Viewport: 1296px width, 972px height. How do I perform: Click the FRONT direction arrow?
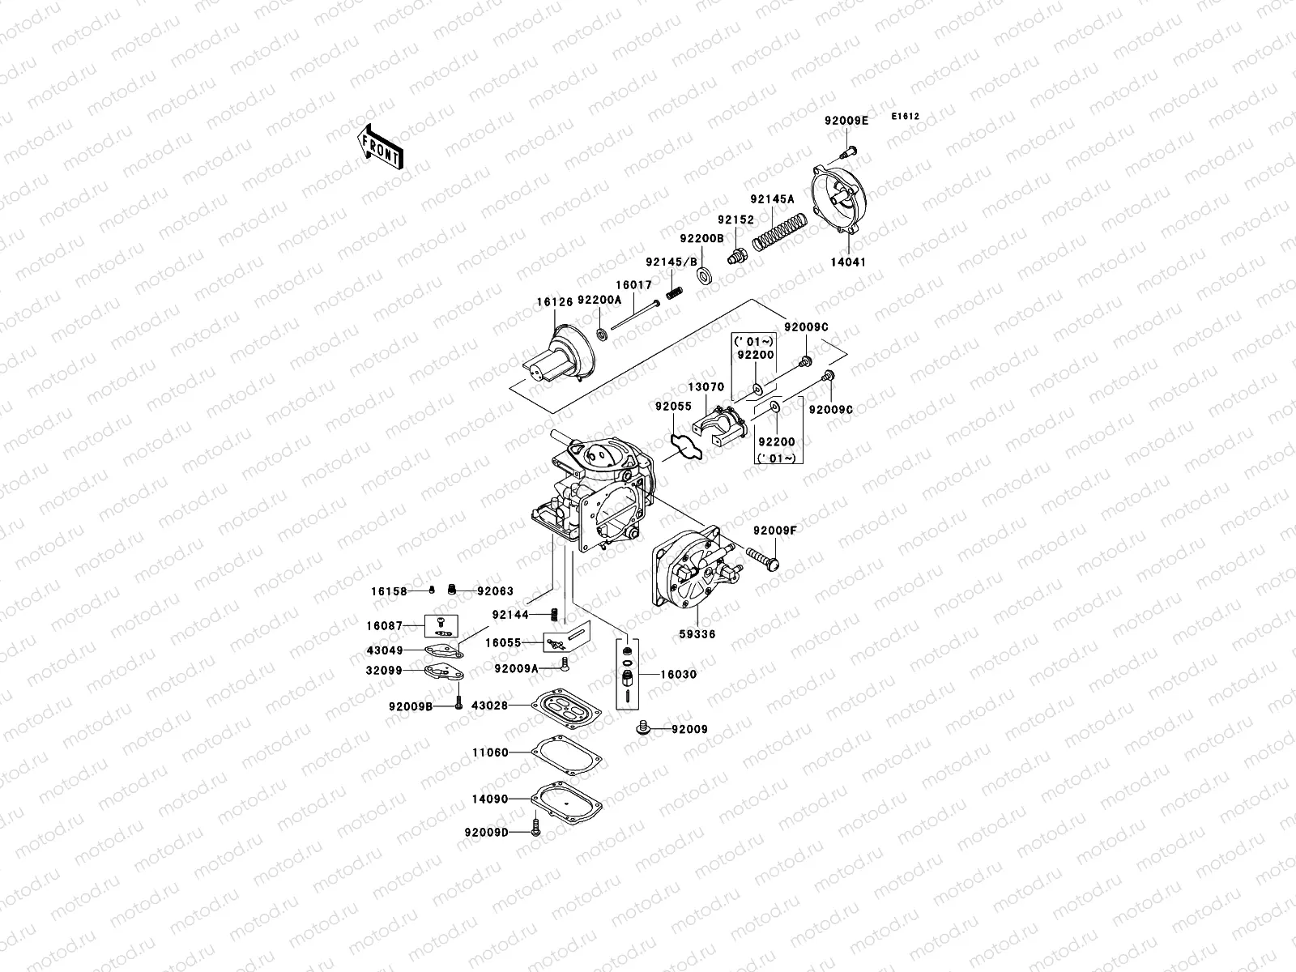(380, 147)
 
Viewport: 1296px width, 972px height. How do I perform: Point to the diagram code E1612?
(906, 117)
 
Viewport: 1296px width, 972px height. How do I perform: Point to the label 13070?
(706, 387)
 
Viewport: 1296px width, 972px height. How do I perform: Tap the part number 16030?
(678, 674)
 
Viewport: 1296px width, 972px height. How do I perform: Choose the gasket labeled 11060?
(567, 753)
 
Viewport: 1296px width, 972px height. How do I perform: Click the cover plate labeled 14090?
(567, 800)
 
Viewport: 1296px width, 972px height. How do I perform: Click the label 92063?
(495, 591)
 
